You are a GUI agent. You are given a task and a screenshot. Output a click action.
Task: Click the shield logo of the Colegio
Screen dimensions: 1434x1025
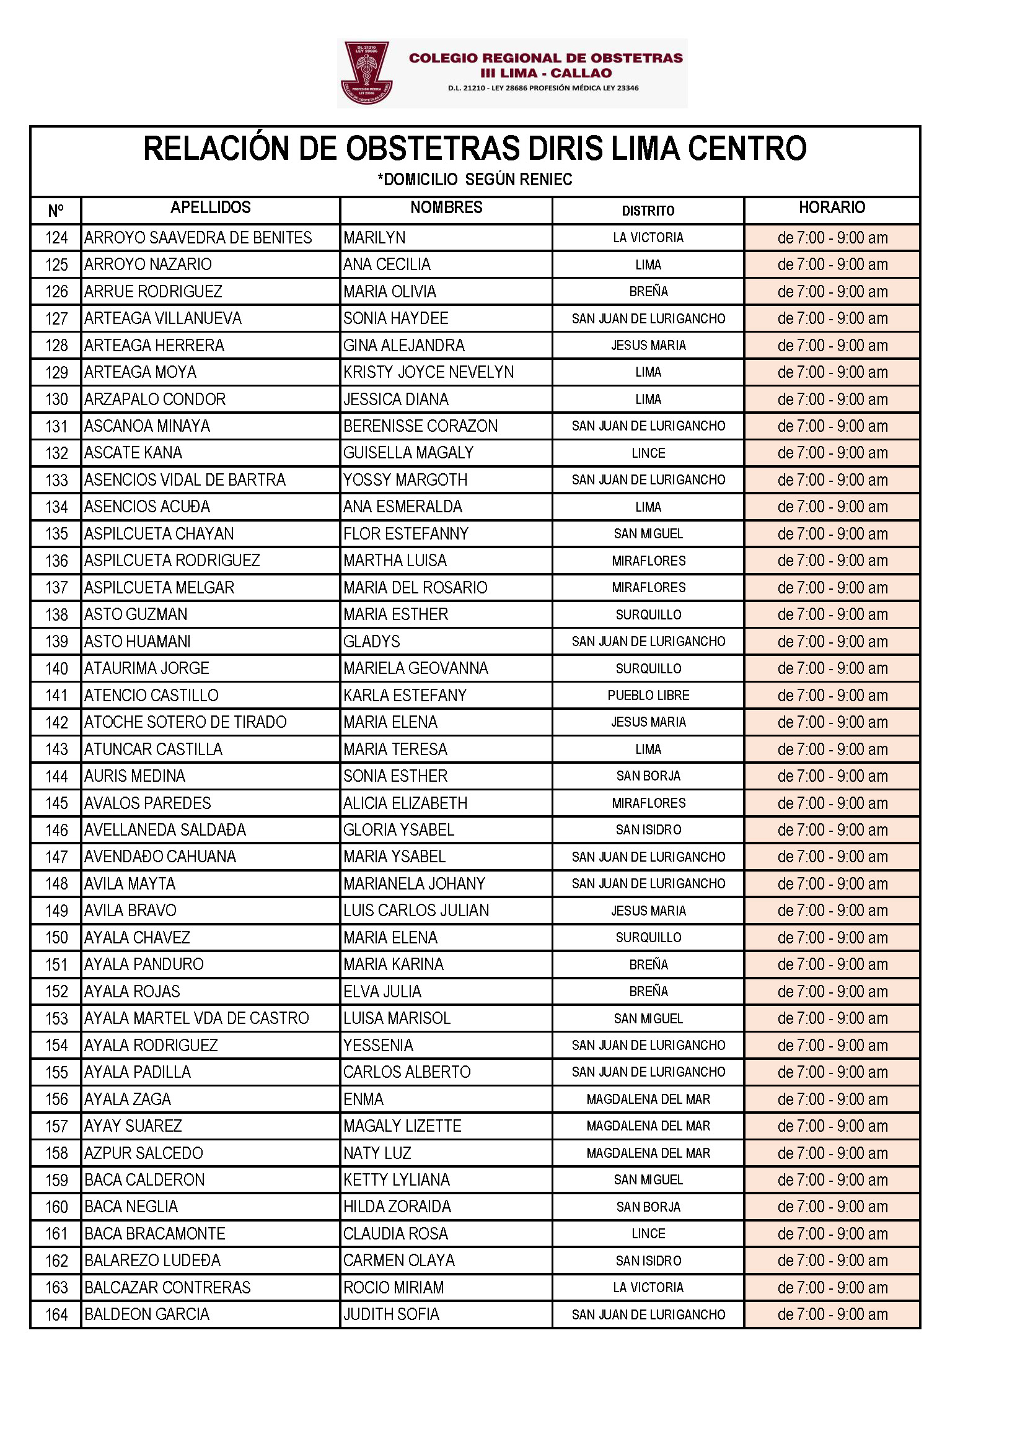click(366, 72)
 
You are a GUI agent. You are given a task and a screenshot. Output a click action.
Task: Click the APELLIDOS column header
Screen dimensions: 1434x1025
click(210, 208)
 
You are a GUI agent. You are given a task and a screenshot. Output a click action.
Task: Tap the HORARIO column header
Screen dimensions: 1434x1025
click(831, 208)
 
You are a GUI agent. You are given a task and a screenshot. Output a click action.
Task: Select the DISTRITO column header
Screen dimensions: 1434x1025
click(648, 211)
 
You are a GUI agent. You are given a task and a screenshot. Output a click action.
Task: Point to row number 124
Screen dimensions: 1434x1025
click(56, 238)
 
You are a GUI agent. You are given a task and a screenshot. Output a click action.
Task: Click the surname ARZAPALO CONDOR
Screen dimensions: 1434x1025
click(155, 400)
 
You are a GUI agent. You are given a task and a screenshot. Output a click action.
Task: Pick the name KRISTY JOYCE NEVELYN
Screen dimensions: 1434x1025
click(428, 372)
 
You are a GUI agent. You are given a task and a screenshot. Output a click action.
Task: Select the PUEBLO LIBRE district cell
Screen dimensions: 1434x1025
click(648, 695)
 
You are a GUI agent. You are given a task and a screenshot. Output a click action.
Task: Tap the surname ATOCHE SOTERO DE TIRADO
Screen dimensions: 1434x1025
click(185, 722)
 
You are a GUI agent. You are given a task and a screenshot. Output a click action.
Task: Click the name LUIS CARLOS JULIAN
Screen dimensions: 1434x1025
click(416, 911)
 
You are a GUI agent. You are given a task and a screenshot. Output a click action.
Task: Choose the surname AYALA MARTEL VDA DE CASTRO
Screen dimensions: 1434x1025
click(196, 1018)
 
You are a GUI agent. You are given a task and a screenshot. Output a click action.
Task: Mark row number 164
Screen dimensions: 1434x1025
click(56, 1315)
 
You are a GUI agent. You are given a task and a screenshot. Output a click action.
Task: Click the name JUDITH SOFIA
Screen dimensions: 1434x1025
click(390, 1315)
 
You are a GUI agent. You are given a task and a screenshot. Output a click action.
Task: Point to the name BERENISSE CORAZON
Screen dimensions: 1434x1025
click(420, 426)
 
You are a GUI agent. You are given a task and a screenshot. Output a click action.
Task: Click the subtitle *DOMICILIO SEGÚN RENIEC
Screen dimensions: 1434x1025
click(475, 180)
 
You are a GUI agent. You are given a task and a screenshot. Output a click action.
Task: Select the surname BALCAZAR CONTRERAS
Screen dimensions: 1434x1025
click(167, 1288)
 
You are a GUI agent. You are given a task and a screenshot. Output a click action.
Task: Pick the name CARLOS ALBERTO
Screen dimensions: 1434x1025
click(407, 1072)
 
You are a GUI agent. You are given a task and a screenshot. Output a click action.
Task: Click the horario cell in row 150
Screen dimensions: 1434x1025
click(831, 937)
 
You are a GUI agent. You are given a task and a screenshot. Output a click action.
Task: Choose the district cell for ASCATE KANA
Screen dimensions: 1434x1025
click(648, 453)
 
